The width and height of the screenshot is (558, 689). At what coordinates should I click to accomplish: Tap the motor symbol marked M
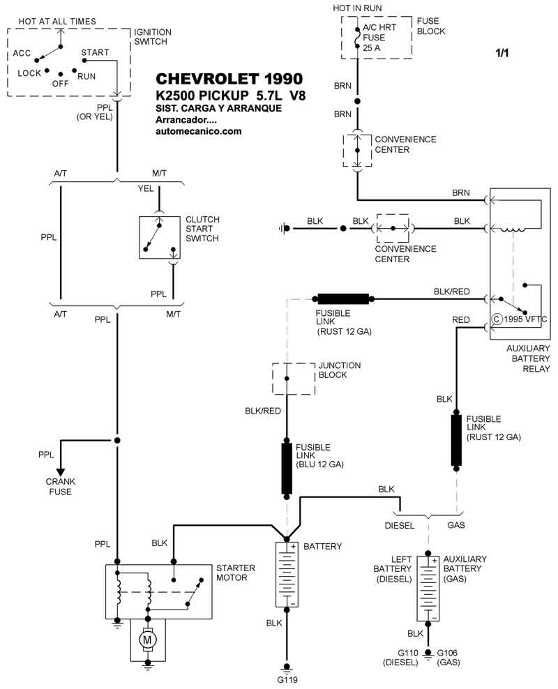pos(147,639)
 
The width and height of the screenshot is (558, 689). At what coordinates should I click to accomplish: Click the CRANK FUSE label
pos(61,487)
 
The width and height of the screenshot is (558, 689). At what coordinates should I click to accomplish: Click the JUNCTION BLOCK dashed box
pos(286,377)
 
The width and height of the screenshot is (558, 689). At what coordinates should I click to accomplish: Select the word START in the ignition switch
pos(94,52)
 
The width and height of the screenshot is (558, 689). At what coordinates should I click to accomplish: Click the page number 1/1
pos(502,53)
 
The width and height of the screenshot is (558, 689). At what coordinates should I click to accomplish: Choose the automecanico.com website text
pos(199,131)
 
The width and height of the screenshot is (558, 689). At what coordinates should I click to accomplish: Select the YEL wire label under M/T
pos(146,188)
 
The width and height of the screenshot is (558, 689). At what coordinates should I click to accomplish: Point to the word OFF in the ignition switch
pos(61,83)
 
